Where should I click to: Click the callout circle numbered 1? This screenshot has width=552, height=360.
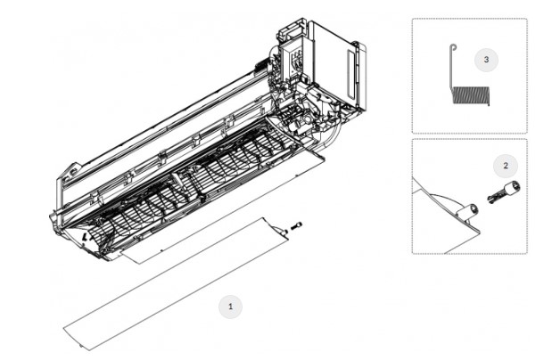pos(231,307)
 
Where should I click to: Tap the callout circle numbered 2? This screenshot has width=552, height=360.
pos(506,166)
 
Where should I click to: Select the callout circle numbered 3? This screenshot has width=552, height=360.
pos(486,60)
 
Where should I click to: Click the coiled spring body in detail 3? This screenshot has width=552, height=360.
pos(471,95)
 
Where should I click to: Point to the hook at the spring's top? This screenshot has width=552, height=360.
pos(453,47)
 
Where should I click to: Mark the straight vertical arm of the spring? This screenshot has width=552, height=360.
pos(451,69)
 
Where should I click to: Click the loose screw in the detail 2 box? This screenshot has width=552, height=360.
pos(504,192)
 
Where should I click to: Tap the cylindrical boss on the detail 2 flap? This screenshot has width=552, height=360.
pos(466,211)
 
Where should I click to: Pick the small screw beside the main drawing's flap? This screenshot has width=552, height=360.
pos(296,225)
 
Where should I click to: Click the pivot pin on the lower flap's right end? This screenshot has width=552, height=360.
pos(283,231)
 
